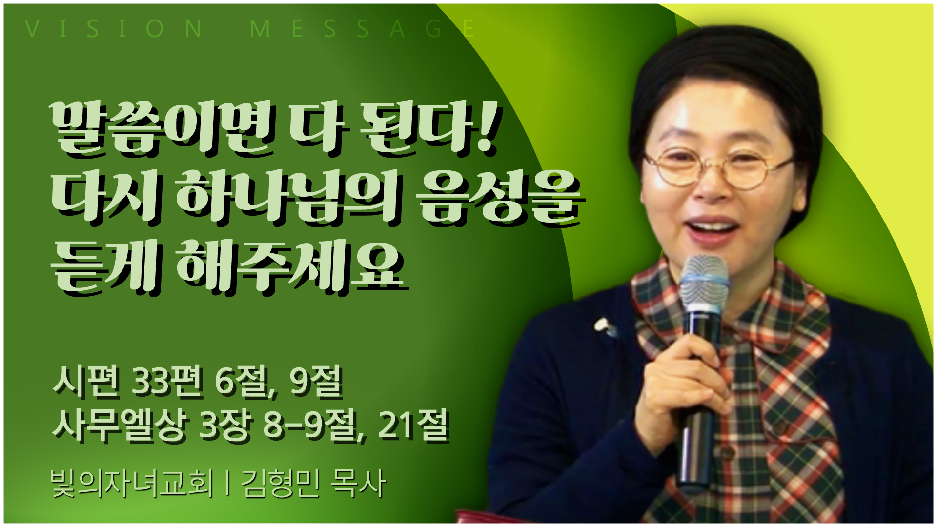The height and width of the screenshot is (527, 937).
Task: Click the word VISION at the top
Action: (x=114, y=29)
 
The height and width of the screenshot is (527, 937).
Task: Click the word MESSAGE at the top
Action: (x=362, y=29)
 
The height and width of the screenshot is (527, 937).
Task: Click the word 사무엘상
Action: (x=120, y=426)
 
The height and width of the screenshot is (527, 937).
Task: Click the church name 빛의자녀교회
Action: (x=132, y=483)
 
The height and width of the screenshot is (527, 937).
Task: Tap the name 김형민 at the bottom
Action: (x=281, y=483)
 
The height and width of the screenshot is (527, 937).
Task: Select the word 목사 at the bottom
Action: (x=358, y=483)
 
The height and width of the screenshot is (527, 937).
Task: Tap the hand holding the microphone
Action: (x=683, y=376)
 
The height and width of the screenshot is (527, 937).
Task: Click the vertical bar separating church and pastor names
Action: (x=227, y=483)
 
